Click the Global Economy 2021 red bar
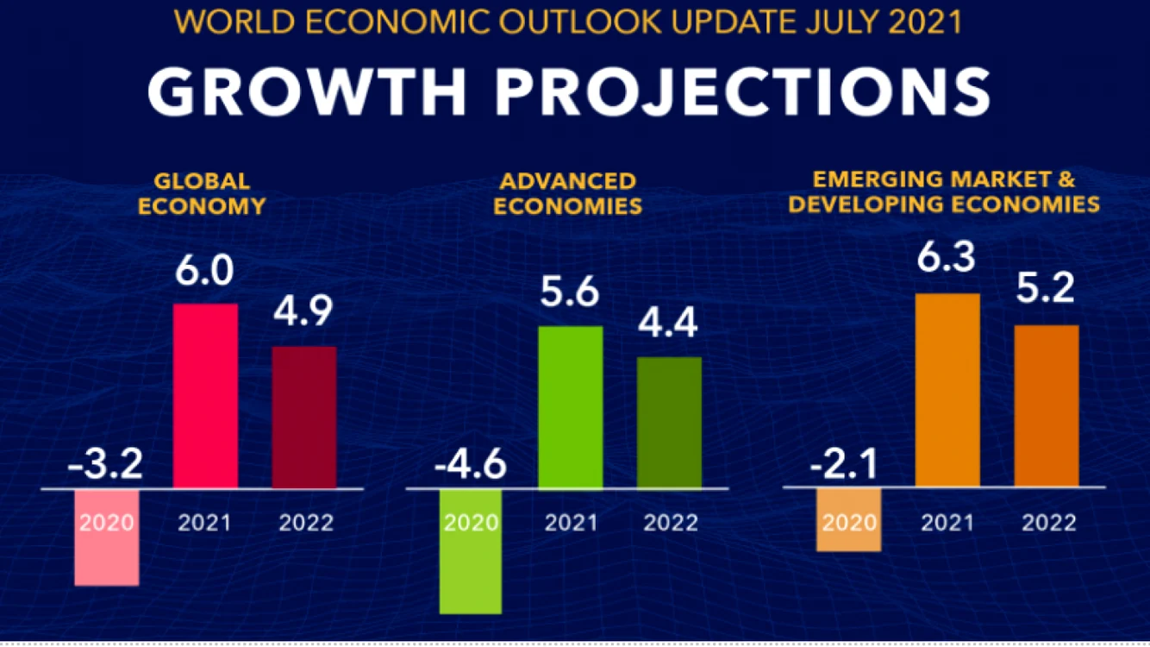pos(205,396)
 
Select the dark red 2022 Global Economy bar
pos(304,418)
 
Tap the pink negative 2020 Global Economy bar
pos(107,537)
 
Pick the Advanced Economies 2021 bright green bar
pos(571,407)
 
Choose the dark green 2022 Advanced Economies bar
pos(669,423)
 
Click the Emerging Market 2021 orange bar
pos(947,390)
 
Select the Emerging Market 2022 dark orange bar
pos(1047,405)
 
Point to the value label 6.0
pos(204,270)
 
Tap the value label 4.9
pos(303,311)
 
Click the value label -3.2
pos(105,464)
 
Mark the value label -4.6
pos(471,464)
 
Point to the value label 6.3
pos(946,257)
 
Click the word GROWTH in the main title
pos(307,92)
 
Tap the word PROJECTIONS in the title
pos(742,92)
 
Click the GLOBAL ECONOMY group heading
pos(202,194)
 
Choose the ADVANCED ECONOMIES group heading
pos(568,194)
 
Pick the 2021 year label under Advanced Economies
pos(571,523)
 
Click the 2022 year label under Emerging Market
pos(1049,523)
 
